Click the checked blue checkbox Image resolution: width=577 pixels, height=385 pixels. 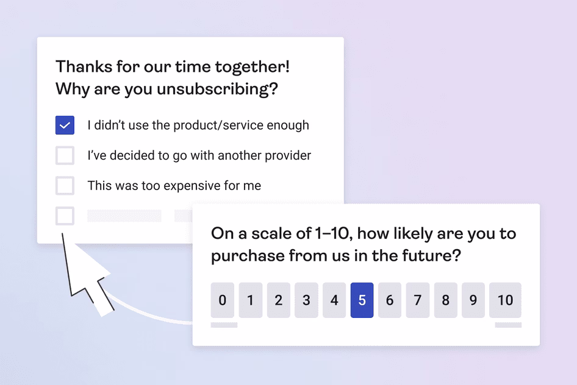tap(65, 125)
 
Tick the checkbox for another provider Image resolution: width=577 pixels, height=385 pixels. tap(65, 155)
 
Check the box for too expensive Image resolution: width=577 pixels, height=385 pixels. tap(65, 185)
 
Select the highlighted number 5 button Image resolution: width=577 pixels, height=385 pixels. tap(362, 300)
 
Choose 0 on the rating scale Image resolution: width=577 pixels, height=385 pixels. tap(222, 300)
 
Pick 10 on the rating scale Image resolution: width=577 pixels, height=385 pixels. tap(505, 300)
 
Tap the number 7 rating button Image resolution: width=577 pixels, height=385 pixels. tap(418, 300)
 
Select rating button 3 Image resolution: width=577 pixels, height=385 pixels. tap(306, 300)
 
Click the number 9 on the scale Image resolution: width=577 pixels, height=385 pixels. tap(473, 300)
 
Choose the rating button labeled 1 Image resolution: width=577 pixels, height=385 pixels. tap(250, 300)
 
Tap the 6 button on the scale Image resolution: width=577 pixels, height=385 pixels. tap(390, 300)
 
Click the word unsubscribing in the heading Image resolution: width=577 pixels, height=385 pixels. tap(217, 90)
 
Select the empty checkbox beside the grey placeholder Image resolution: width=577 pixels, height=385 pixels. tap(65, 216)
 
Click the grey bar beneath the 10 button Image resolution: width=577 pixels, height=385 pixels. tap(507, 325)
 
